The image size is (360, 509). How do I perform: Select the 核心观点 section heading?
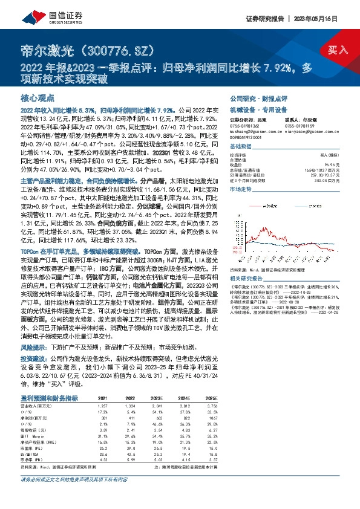tap(37, 97)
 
